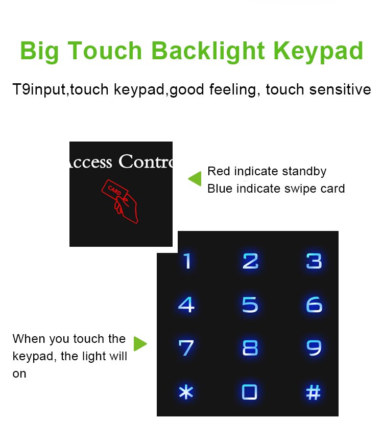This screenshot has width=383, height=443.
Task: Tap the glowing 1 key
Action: pyautogui.click(x=187, y=261)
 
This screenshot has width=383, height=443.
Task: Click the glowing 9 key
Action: pyautogui.click(x=314, y=348)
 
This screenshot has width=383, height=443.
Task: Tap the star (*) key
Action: pyautogui.click(x=186, y=392)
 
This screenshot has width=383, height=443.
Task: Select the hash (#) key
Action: pyautogui.click(x=314, y=392)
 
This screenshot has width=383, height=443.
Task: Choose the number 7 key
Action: pyautogui.click(x=186, y=348)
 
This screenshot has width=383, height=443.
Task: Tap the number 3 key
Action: pyautogui.click(x=314, y=261)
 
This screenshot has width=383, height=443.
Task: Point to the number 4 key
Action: pyautogui.click(x=186, y=305)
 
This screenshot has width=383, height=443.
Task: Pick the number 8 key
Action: pyautogui.click(x=250, y=348)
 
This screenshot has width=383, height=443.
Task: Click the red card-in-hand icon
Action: pyautogui.click(x=120, y=201)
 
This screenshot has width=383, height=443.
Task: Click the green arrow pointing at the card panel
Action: pyautogui.click(x=195, y=178)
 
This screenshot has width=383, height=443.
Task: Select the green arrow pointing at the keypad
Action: pyautogui.click(x=140, y=343)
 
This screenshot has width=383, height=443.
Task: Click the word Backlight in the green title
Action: pyautogui.click(x=208, y=52)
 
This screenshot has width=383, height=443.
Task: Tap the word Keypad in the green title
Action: pyautogui.click(x=318, y=52)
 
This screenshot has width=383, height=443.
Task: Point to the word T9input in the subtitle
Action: pyautogui.click(x=39, y=90)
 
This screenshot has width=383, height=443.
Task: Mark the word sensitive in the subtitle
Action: pyautogui.click(x=340, y=89)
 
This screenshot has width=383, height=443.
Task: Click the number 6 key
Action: pyautogui.click(x=314, y=305)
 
